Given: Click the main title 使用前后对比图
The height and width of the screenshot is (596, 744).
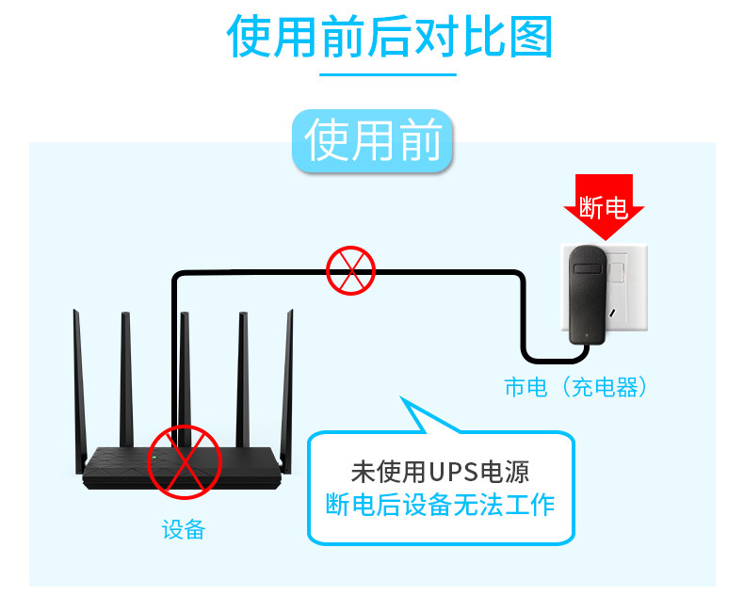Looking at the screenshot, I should click(x=389, y=37).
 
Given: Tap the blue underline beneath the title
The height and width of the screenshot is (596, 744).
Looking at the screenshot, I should click(x=388, y=74).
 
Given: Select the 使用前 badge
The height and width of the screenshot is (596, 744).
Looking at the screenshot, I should click(x=373, y=140).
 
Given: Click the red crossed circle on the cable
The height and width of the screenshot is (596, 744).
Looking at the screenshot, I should click(x=350, y=271).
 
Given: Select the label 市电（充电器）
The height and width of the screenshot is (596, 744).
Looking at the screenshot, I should click(x=575, y=387).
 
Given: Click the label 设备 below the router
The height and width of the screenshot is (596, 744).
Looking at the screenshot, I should click(x=184, y=529).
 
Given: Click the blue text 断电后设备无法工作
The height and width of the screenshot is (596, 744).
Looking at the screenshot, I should click(x=440, y=505).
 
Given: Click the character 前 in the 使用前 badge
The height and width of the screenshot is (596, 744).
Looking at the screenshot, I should click(x=420, y=140).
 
